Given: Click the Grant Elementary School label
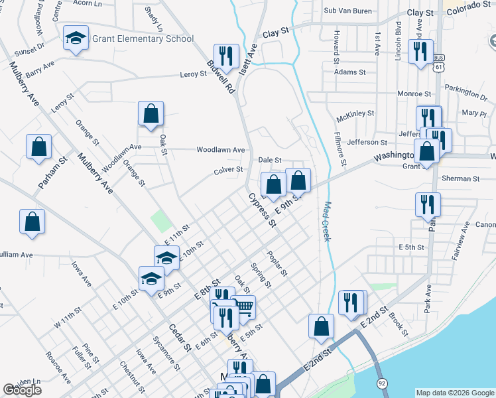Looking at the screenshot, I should point(143,38).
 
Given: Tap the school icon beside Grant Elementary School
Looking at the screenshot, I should point(76,39).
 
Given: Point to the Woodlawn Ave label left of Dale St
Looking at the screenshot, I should point(221,150).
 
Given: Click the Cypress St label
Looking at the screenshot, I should point(262,210).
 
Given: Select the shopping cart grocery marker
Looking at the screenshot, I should point(243,307).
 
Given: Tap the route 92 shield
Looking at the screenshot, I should point(382,383).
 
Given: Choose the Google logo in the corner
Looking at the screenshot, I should point(22,390).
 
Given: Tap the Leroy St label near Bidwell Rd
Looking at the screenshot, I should point(194,74).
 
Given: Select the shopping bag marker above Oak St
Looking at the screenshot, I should point(151,113).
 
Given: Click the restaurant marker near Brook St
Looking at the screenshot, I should point(351,302).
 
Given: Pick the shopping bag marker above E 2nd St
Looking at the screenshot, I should point(321,326).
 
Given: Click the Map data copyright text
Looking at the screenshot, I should point(454,393).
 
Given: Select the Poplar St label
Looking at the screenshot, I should point(277,263).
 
